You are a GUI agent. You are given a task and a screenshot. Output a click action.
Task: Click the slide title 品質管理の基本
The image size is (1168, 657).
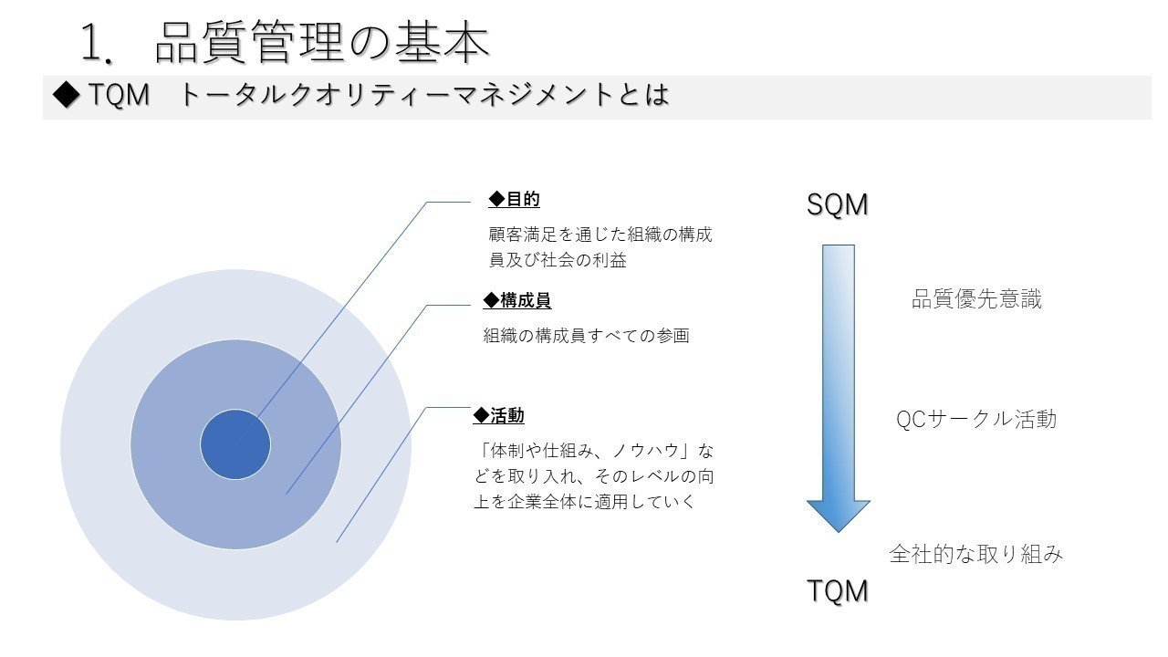(x=322, y=43)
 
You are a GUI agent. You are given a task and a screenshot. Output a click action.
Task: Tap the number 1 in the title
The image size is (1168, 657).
(x=92, y=44)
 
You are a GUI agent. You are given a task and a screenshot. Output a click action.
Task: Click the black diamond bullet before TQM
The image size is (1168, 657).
(x=67, y=94)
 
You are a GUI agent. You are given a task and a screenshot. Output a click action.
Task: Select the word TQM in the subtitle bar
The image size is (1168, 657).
(x=120, y=95)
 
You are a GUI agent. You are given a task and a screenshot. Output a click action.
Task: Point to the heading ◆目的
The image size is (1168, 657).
(x=514, y=199)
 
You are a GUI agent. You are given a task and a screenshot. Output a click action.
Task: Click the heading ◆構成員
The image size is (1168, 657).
(x=517, y=300)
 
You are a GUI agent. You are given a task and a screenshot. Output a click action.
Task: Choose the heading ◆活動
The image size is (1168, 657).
(x=498, y=415)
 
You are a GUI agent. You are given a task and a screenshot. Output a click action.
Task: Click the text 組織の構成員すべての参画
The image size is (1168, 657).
(x=586, y=335)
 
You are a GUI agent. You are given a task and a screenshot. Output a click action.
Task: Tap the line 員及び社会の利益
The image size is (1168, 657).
(x=558, y=260)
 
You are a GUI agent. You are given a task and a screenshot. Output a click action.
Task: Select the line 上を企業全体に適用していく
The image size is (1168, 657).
(x=585, y=502)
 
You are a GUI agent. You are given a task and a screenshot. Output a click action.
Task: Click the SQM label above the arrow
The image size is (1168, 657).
(x=838, y=204)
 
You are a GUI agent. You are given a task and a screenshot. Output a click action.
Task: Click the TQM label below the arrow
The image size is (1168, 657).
(x=838, y=590)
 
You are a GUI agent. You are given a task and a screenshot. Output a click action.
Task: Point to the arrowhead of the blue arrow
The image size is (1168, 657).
(x=839, y=532)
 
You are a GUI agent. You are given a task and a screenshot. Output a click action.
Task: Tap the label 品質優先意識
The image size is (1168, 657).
(x=976, y=299)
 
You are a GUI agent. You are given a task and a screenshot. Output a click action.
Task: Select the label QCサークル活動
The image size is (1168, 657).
(x=976, y=419)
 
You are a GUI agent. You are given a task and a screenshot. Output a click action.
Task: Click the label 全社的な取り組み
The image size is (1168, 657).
(x=976, y=554)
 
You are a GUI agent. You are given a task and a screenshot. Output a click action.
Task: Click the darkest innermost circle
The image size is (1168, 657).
(x=235, y=444)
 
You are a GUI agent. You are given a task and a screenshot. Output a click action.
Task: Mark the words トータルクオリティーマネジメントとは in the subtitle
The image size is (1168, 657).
(x=423, y=95)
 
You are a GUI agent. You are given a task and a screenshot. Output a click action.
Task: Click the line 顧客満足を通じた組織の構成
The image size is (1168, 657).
(x=600, y=235)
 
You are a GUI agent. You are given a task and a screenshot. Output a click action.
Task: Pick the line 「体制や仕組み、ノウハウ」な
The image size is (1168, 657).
(x=594, y=451)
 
